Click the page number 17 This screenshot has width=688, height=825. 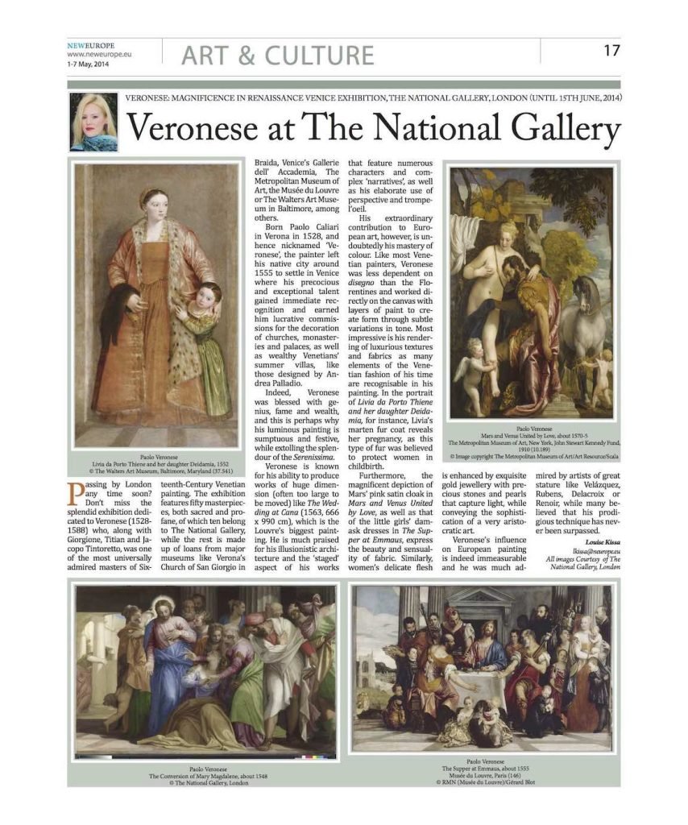[x=611, y=51]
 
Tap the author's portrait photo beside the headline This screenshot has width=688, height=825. [x=93, y=122]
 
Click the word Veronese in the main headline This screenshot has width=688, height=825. [x=190, y=128]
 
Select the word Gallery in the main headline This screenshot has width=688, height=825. [x=559, y=128]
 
